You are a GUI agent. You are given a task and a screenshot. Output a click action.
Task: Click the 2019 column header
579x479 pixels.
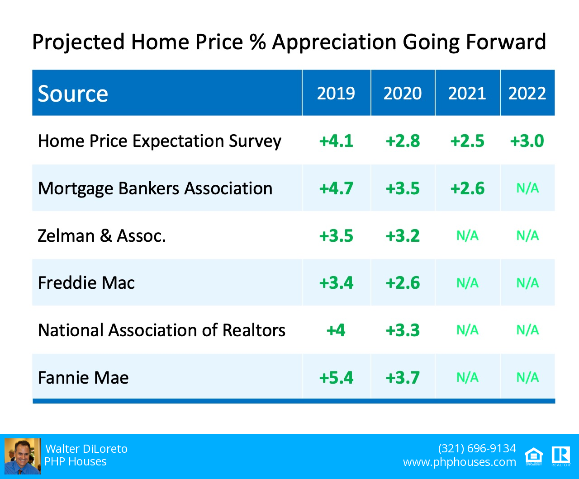click(336, 93)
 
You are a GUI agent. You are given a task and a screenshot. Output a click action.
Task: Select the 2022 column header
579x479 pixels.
click(527, 93)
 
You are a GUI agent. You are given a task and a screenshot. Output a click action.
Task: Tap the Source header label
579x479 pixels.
click(73, 94)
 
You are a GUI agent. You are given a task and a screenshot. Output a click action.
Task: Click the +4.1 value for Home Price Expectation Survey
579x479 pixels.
click(336, 141)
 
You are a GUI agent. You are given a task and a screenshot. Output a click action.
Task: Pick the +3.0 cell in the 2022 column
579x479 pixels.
click(527, 141)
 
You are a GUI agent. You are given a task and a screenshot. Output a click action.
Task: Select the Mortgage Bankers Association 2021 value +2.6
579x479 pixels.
click(467, 188)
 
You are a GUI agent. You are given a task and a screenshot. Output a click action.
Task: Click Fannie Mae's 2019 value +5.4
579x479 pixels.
click(336, 377)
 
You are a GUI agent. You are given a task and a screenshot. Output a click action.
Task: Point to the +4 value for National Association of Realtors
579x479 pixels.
click(336, 330)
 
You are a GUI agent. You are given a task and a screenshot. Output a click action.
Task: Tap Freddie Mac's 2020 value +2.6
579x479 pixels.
click(403, 283)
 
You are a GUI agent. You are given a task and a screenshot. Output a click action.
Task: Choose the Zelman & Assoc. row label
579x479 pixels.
click(102, 236)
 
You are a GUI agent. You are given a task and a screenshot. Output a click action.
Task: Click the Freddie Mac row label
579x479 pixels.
click(86, 283)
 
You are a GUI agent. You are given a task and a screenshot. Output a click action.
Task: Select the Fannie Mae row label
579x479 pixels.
click(83, 377)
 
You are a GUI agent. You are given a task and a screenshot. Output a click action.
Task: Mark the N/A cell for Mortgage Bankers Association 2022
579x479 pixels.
click(527, 188)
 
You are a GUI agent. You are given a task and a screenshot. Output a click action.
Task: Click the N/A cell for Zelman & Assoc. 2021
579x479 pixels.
click(467, 236)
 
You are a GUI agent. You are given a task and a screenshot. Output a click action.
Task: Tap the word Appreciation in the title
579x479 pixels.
click(334, 42)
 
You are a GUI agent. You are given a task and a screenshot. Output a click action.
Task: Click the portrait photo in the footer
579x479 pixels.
click(22, 456)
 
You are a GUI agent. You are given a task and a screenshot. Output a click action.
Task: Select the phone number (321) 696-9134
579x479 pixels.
click(477, 448)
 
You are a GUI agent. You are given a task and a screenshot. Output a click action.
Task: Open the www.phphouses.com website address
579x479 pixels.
click(459, 462)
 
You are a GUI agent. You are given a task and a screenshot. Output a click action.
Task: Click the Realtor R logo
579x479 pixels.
click(560, 456)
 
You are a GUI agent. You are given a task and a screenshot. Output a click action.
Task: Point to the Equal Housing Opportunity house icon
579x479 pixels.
click(534, 456)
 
